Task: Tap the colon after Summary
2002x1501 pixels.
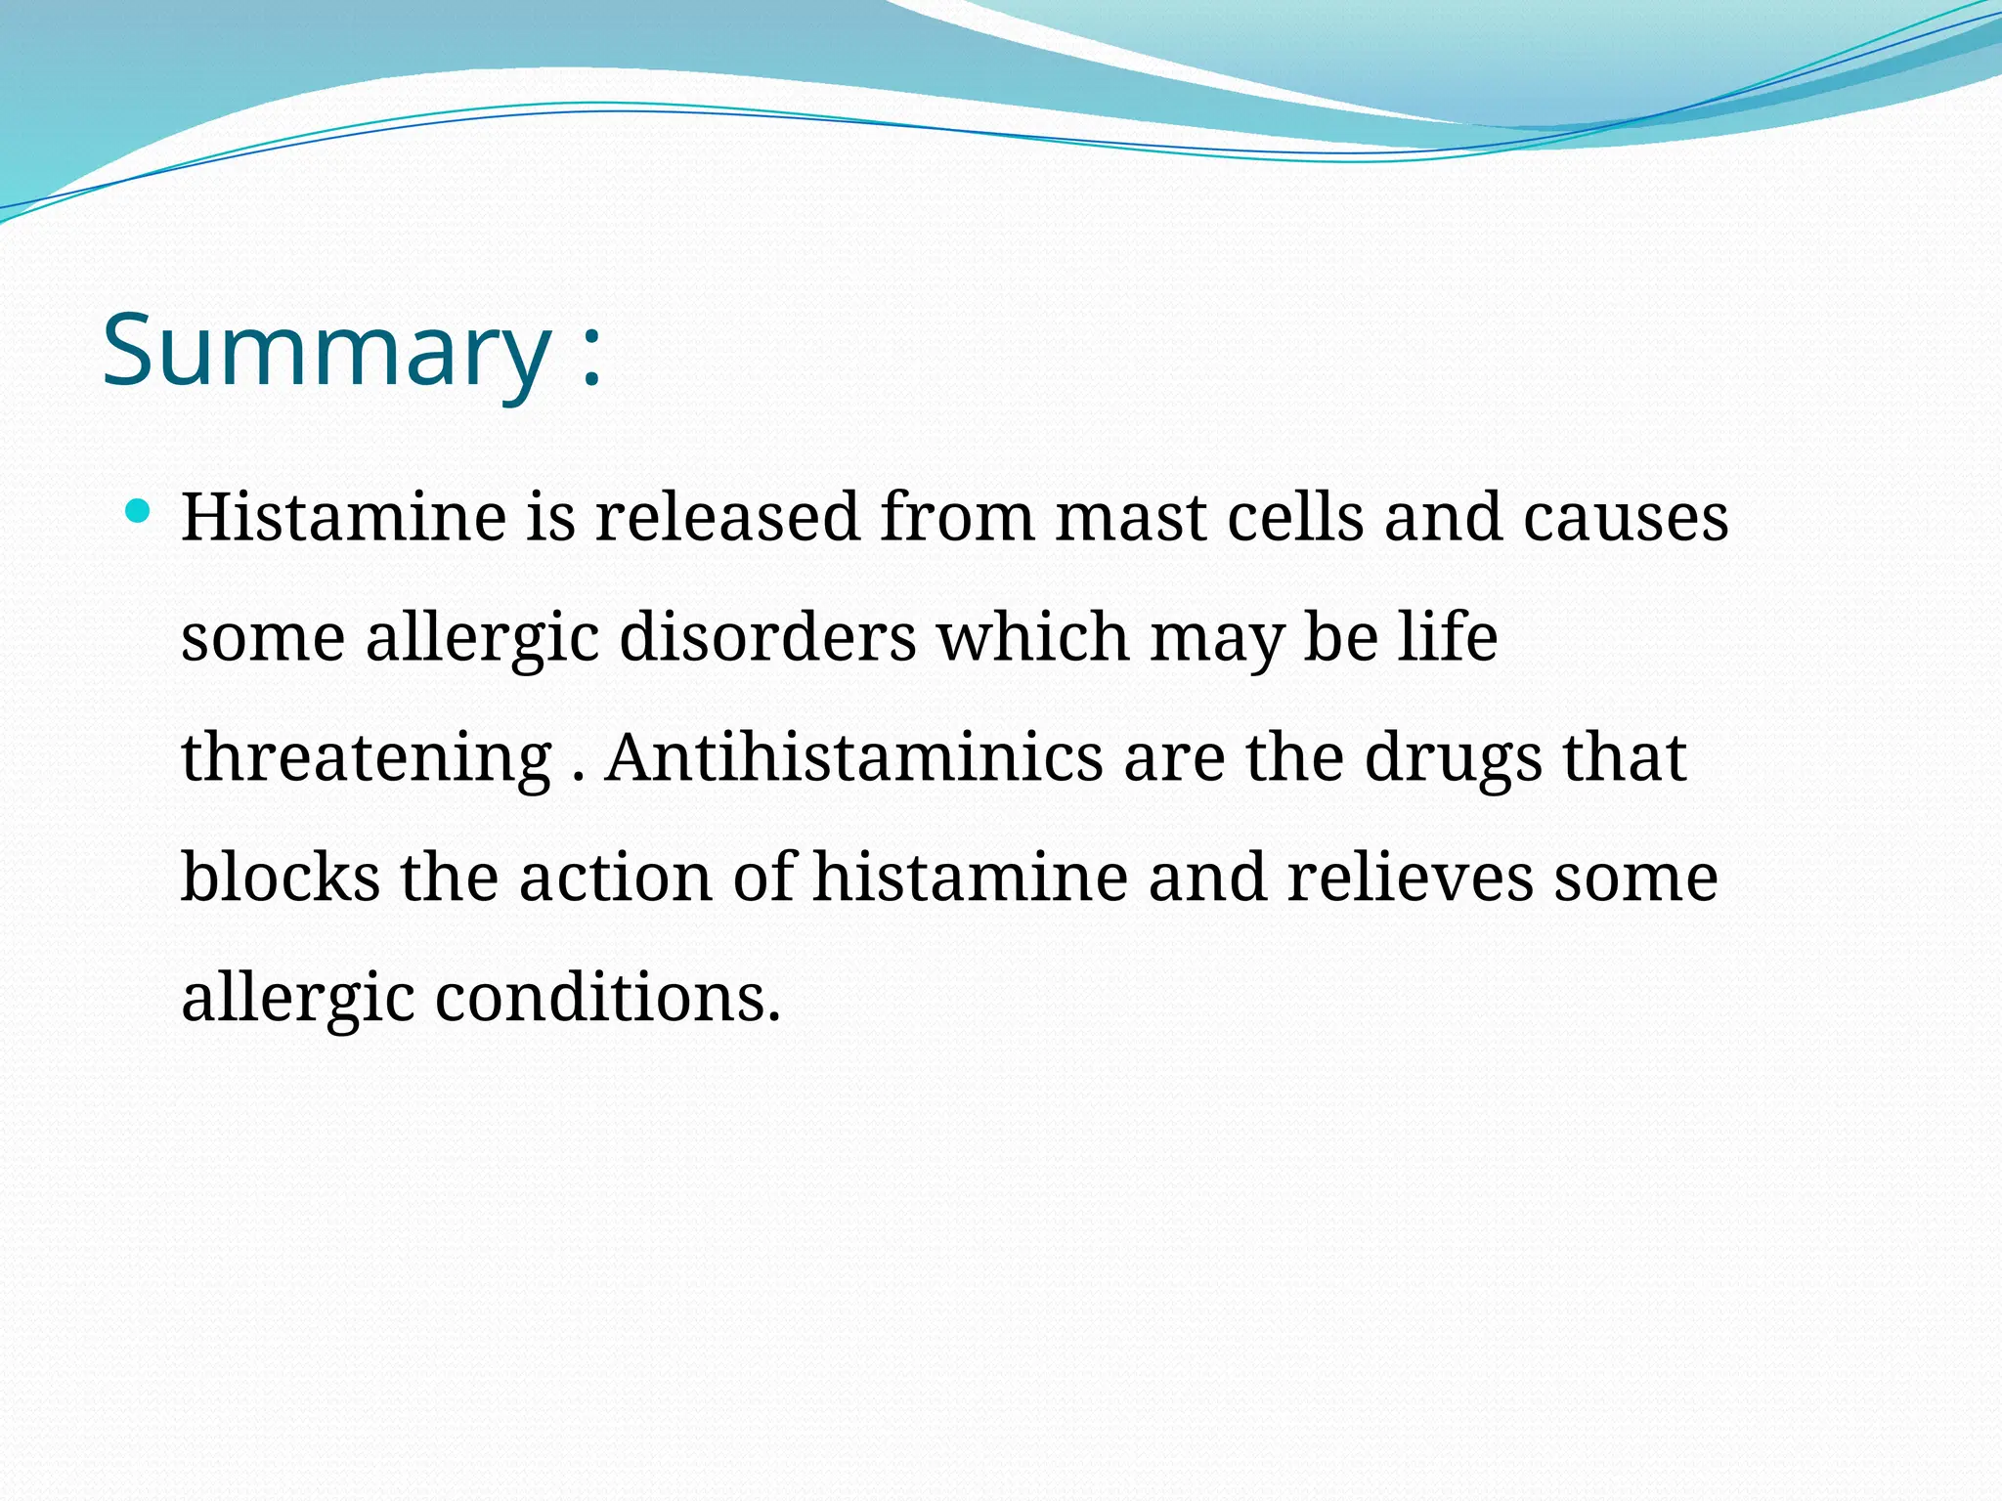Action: point(590,358)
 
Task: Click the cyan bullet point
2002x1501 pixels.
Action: point(139,510)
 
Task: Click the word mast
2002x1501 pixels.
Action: point(1130,518)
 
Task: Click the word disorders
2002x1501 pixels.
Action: point(767,637)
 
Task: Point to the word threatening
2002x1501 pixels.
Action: point(367,758)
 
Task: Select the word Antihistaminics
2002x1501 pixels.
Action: point(853,758)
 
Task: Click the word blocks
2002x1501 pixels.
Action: point(281,877)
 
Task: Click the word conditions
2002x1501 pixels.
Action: point(607,998)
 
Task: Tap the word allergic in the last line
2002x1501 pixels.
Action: point(298,1000)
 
